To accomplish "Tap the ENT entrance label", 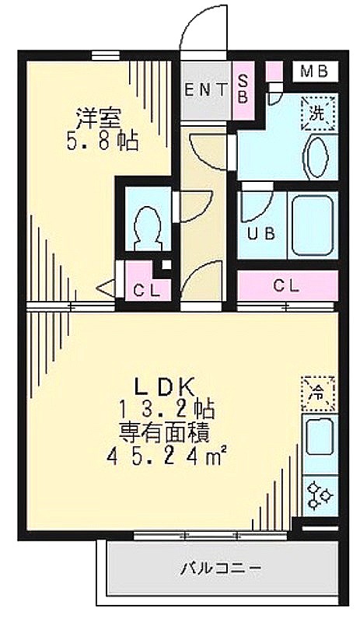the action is [x=205, y=91].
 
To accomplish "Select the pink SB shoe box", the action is [x=243, y=90].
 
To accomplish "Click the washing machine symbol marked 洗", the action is [x=317, y=114].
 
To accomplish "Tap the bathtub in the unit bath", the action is [x=312, y=225].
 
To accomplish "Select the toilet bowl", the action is [x=147, y=228].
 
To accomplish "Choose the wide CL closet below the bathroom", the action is [x=287, y=285].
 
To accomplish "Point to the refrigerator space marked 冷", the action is [x=317, y=393].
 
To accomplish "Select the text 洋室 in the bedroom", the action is [x=98, y=118].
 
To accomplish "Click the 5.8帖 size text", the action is [x=103, y=141].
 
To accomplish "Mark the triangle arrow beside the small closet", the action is [x=107, y=288].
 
